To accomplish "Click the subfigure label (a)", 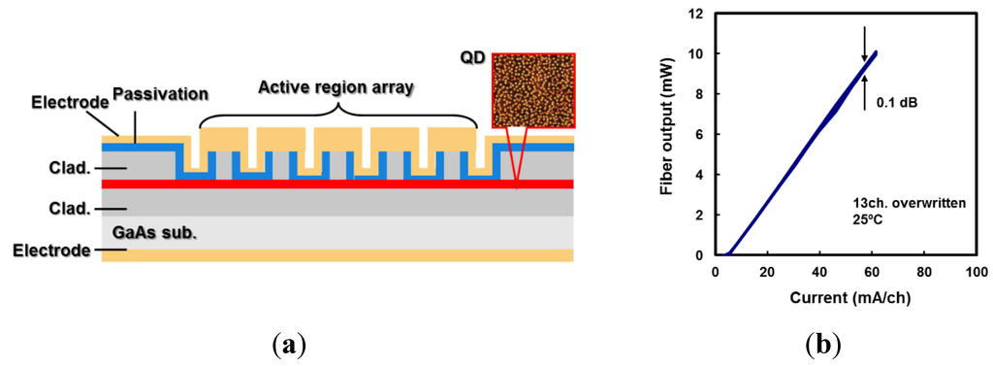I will click(290, 345).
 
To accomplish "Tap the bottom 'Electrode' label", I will click(51, 251).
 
